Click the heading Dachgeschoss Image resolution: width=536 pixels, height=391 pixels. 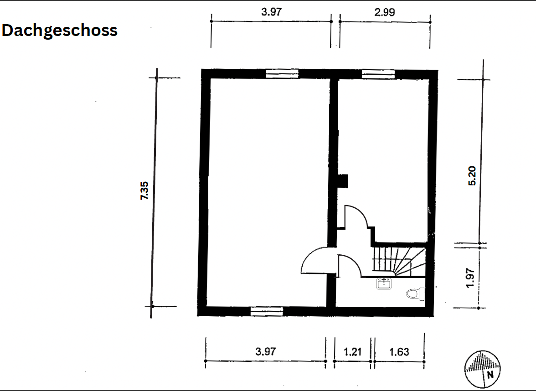tap(59, 31)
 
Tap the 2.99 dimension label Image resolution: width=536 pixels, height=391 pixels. tap(385, 12)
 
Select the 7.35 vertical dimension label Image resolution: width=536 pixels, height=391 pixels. tap(144, 190)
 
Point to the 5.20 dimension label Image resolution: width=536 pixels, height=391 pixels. tap(472, 176)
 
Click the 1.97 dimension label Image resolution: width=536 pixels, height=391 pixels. tap(471, 278)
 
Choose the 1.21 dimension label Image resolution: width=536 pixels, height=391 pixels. tap(352, 352)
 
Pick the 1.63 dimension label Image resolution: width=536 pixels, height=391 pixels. tap(399, 352)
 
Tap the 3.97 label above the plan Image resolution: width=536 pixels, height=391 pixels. tap(272, 12)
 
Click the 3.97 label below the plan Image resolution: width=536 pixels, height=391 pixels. tap(266, 351)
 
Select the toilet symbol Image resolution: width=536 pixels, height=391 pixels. tap(416, 294)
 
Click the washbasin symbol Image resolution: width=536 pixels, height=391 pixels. tap(384, 283)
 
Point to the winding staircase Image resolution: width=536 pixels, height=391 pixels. tap(399, 262)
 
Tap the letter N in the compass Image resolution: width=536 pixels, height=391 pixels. tap(490, 375)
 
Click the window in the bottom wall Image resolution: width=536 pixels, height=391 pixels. tap(267, 311)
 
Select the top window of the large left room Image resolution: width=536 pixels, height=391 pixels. tap(283, 73)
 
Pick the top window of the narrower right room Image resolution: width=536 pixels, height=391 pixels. tap(378, 74)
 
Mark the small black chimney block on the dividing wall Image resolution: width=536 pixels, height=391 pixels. tap(342, 181)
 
